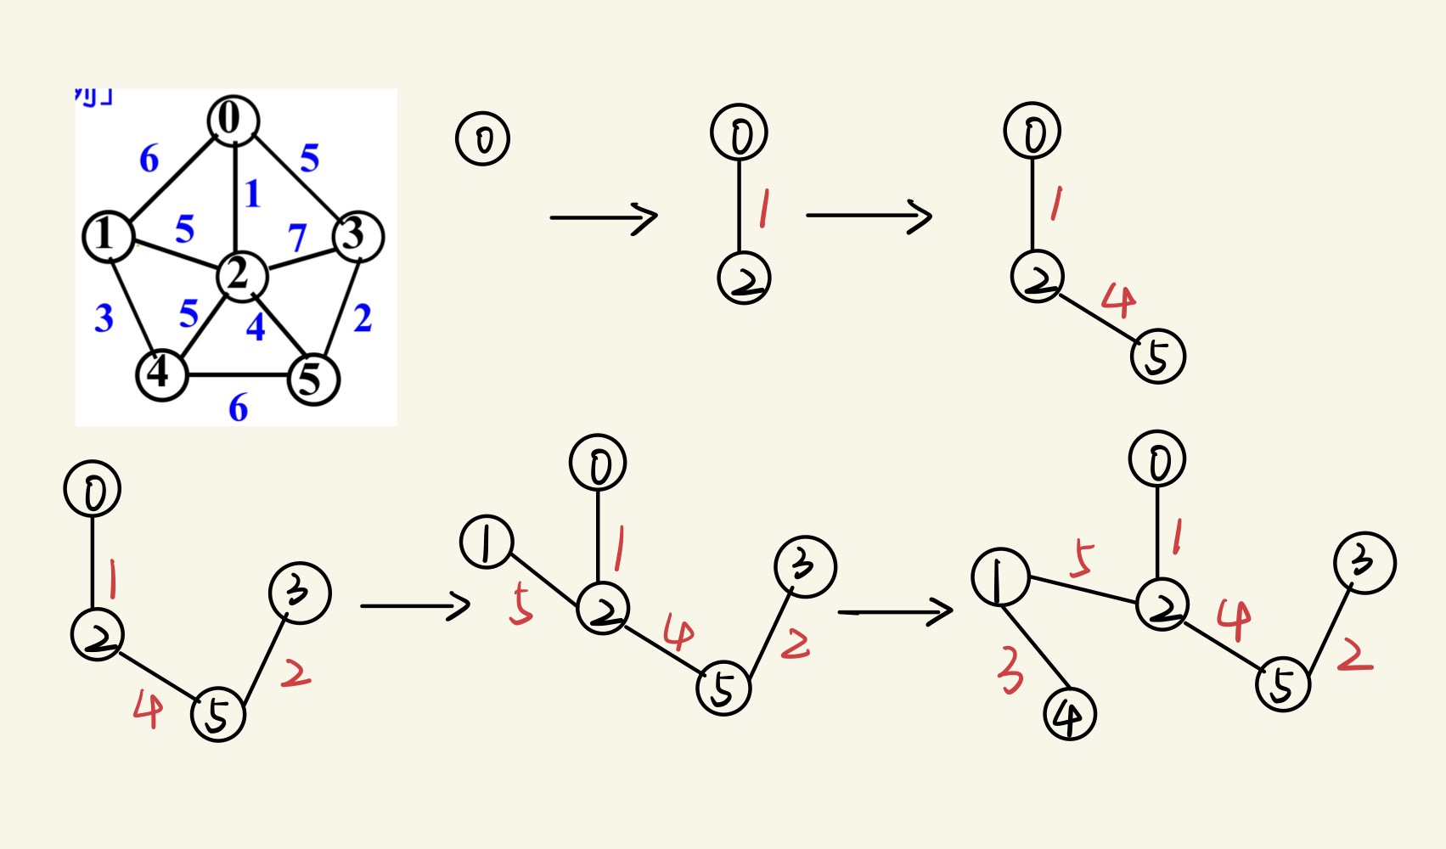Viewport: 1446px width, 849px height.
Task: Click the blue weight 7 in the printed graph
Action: pyautogui.click(x=296, y=238)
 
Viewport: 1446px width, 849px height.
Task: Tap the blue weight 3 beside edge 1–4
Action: pyautogui.click(x=104, y=318)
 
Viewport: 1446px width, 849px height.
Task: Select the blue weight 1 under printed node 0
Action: pyautogui.click(x=252, y=194)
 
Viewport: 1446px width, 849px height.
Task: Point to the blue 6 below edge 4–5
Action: pyautogui.click(x=239, y=408)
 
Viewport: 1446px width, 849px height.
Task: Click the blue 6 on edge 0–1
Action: pyautogui.click(x=149, y=159)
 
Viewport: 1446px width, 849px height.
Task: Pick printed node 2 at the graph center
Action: pyautogui.click(x=241, y=275)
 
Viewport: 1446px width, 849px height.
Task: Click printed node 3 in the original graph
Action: pyautogui.click(x=357, y=235)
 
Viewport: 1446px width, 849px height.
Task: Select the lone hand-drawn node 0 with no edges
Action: pyautogui.click(x=482, y=139)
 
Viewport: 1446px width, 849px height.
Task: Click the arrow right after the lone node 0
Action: pyautogui.click(x=604, y=217)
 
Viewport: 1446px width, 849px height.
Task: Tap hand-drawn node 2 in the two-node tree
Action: pyautogui.click(x=744, y=278)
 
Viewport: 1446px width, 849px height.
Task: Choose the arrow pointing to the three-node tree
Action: pyautogui.click(x=869, y=216)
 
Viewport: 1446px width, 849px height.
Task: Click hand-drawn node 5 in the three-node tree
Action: pyautogui.click(x=1157, y=357)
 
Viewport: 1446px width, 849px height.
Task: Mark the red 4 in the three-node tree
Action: pyautogui.click(x=1119, y=301)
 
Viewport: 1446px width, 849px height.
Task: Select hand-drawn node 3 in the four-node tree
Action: pyautogui.click(x=299, y=593)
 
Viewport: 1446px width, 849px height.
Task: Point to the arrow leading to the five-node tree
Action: pyautogui.click(x=415, y=606)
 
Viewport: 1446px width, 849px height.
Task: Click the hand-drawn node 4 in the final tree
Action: pyautogui.click(x=1069, y=715)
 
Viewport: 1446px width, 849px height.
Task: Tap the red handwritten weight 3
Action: pyautogui.click(x=1010, y=671)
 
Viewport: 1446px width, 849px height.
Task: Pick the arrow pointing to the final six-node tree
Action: pyautogui.click(x=895, y=611)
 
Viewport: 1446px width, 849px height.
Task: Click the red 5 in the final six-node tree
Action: pyautogui.click(x=1082, y=559)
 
